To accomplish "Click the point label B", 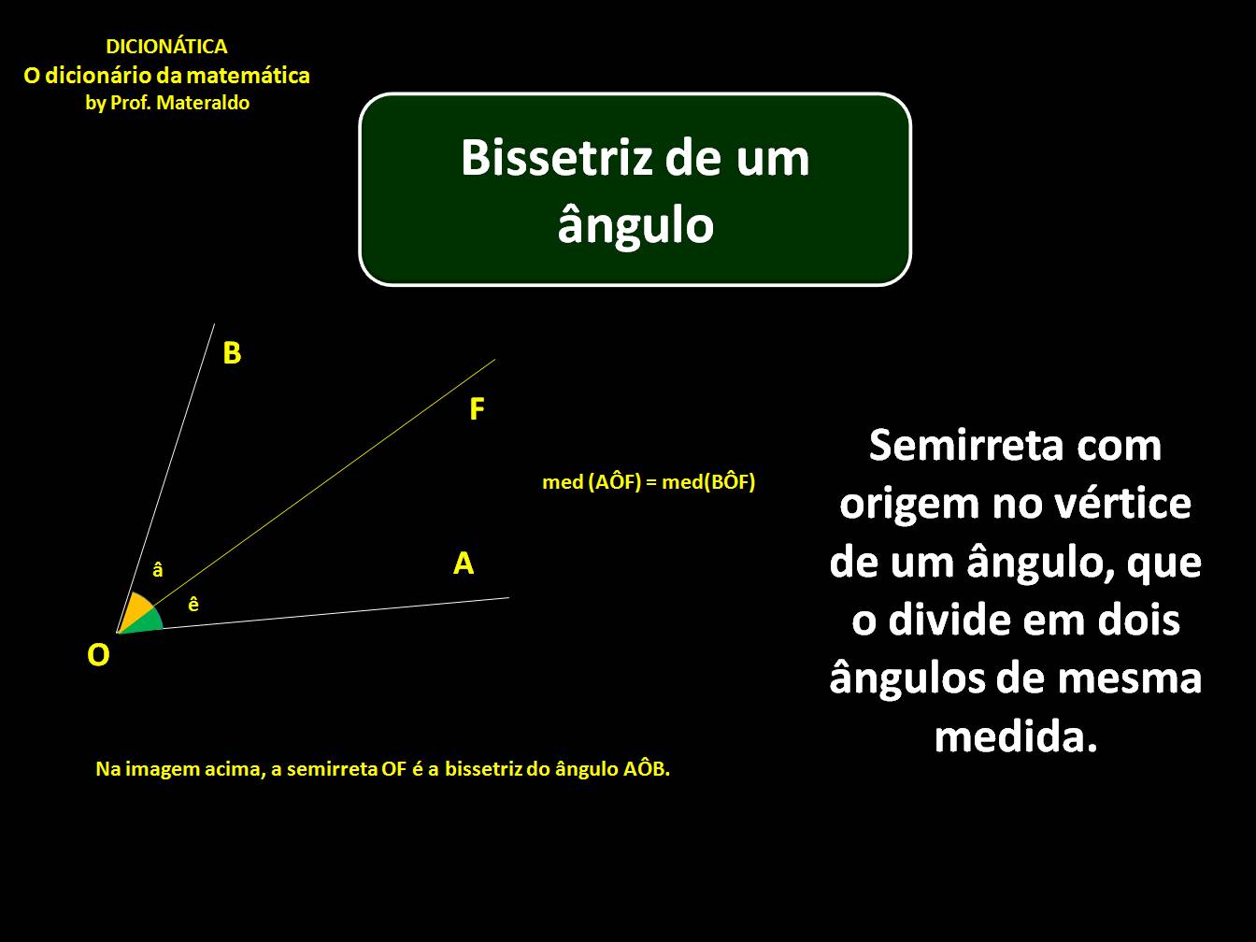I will (x=232, y=353).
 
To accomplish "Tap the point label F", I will (x=477, y=409).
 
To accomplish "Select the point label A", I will (x=464, y=564).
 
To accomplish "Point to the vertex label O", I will (x=98, y=655).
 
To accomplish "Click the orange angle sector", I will (x=136, y=609).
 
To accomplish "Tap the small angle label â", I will (x=158, y=569).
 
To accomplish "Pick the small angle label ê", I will (x=193, y=605).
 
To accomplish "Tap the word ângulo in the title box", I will (x=635, y=224).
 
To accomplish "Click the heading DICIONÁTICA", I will (x=166, y=47).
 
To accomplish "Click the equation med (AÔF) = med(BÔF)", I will (x=649, y=482).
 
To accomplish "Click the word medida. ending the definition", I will (x=1015, y=737).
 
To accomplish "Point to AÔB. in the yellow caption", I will (x=646, y=769).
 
